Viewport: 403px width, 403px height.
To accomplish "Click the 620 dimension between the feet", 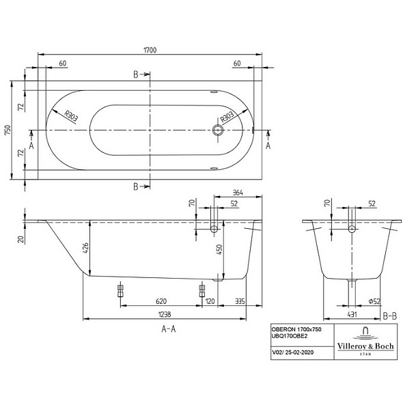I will [x=161, y=301].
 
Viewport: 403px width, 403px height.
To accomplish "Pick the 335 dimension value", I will [x=240, y=301].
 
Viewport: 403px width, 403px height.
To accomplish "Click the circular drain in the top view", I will [x=219, y=130].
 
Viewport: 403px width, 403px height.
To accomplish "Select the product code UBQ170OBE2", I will [x=290, y=337].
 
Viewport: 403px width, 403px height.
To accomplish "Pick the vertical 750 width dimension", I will [x=8, y=130].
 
